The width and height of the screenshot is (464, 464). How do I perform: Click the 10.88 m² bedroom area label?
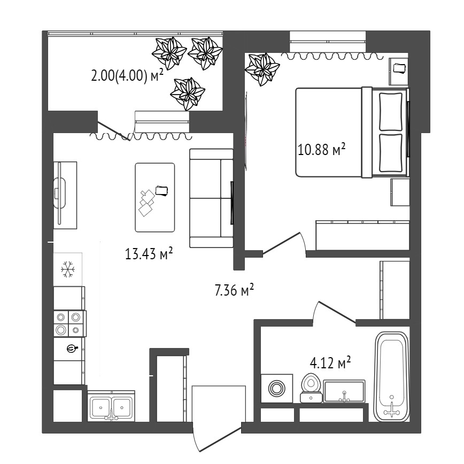pos(322,149)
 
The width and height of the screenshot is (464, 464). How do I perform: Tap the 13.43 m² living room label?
pos(149,253)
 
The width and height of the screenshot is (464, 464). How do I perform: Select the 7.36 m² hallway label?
pos(234,290)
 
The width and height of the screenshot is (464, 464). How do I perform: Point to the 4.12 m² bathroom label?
pos(330,362)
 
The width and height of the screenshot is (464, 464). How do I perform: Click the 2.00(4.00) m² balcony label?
pos(127,76)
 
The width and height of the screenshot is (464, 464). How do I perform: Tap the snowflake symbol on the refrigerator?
pos(68,269)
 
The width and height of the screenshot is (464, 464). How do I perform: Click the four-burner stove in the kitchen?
pos(70,323)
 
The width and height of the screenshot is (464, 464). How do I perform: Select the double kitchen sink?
pos(111,406)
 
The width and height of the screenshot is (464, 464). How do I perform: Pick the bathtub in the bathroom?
pos(392,376)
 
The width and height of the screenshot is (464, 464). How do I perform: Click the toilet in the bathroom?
pos(311,388)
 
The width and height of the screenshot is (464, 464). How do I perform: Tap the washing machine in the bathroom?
pos(277,388)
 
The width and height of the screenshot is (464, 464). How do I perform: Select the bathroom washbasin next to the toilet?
pos(344,391)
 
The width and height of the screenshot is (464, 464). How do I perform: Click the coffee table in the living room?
pos(155,197)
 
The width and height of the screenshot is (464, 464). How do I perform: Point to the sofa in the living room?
pos(211,198)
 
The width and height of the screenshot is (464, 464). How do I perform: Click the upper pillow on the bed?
pos(391,112)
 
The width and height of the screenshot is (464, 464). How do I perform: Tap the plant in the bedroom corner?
pos(262,69)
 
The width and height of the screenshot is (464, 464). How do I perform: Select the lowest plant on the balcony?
pos(188,94)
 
